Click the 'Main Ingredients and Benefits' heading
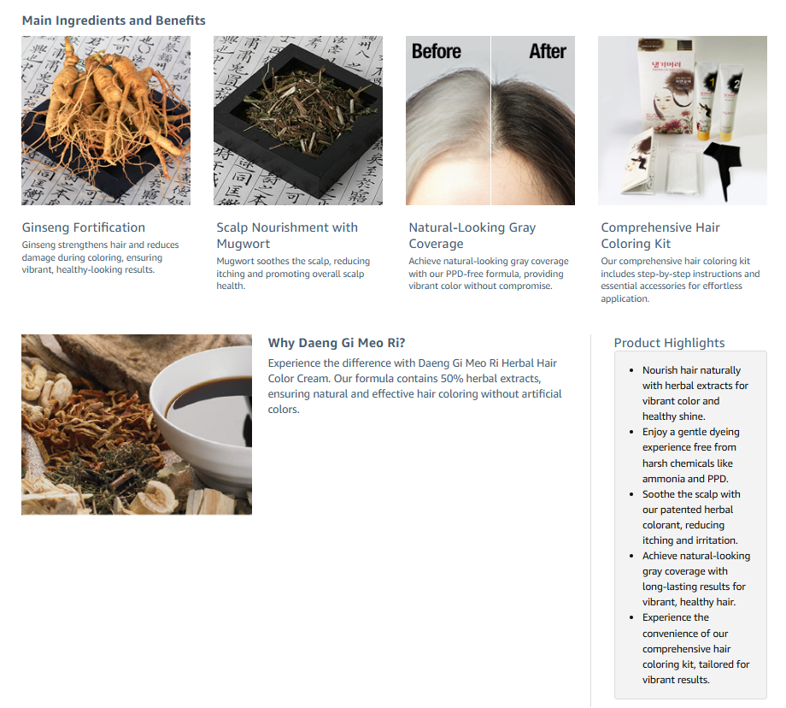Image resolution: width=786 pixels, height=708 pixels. click(114, 21)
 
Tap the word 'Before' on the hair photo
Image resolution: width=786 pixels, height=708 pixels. click(436, 51)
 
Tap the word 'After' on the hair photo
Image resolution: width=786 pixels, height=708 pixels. click(548, 51)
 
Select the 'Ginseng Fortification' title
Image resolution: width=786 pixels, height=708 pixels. click(83, 227)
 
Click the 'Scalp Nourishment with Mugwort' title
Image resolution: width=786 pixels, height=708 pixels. click(287, 235)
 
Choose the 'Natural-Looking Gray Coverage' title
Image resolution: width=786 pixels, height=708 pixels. click(472, 235)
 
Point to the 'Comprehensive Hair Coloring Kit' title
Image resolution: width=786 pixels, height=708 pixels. click(660, 235)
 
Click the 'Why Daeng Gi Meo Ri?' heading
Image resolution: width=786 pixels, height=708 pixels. click(337, 343)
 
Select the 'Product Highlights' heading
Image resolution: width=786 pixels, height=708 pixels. click(669, 343)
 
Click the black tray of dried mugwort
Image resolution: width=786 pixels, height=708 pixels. click(298, 121)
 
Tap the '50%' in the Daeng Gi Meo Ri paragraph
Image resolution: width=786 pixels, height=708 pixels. click(452, 378)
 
